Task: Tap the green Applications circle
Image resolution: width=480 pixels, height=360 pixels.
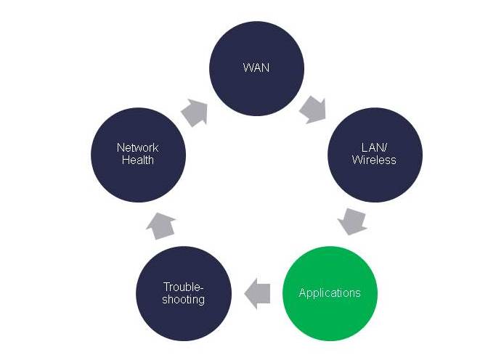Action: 330,293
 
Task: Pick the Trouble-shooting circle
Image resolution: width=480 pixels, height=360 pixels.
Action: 184,293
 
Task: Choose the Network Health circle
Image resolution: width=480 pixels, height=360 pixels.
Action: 138,154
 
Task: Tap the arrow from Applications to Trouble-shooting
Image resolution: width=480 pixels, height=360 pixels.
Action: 257,293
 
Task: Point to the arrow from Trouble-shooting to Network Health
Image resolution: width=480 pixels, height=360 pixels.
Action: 159,226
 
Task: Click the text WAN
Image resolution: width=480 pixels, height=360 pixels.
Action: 256,67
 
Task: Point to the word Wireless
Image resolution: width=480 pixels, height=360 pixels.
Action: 374,160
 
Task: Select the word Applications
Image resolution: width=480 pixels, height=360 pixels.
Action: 330,293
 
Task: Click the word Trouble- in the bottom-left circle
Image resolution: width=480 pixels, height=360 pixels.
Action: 184,287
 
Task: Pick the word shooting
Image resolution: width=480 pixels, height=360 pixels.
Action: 184,299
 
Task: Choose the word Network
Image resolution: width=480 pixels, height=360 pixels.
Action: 138,148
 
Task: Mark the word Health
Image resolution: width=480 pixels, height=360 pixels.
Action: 138,160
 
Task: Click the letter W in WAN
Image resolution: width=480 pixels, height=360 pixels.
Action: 248,67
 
